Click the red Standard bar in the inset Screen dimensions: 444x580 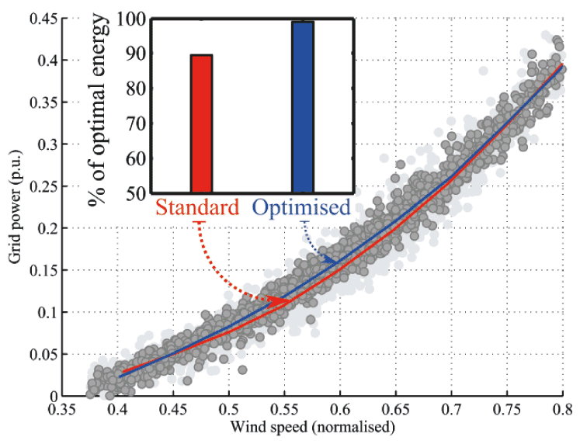click(201, 123)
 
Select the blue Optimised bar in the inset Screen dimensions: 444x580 click(303, 106)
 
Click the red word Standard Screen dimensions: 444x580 click(196, 208)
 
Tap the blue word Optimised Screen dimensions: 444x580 click(303, 208)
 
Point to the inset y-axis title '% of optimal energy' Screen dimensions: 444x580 click(98, 109)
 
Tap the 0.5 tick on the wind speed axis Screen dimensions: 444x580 click(229, 408)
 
